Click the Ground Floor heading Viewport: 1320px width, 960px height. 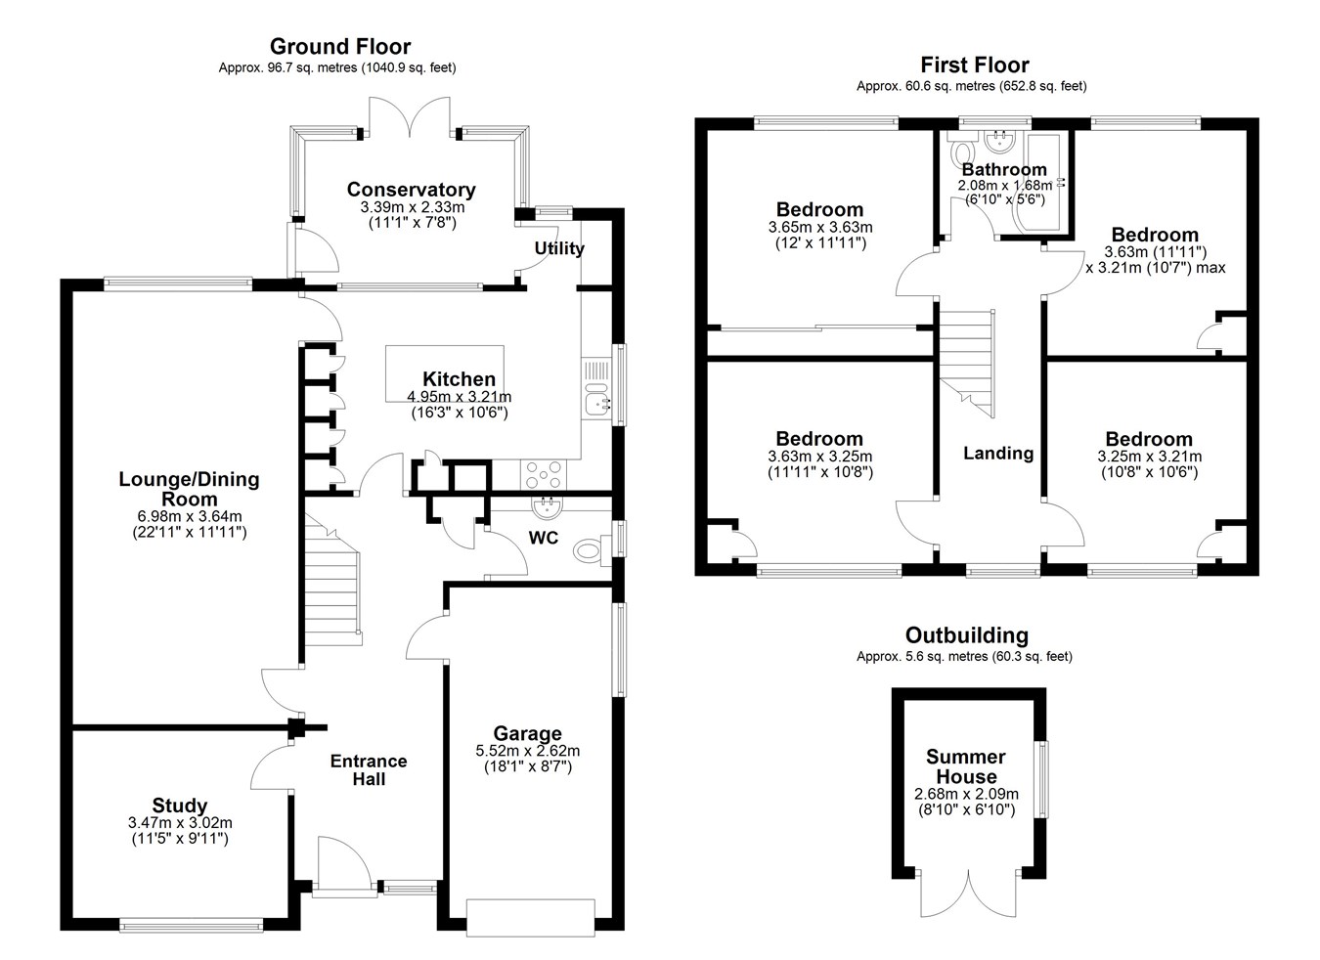(340, 46)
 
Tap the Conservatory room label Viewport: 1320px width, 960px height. (412, 190)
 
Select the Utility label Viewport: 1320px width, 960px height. (559, 248)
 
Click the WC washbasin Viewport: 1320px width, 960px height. (547, 506)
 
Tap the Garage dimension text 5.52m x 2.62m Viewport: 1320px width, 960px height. (527, 751)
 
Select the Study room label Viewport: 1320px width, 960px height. (180, 805)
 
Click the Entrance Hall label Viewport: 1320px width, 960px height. (369, 769)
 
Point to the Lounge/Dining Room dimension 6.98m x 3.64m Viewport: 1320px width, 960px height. (190, 516)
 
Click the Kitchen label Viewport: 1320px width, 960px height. (459, 378)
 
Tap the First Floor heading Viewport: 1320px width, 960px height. (975, 65)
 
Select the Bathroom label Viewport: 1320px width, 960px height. (1004, 169)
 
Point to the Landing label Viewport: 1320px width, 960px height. (998, 453)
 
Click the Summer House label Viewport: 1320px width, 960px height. (966, 766)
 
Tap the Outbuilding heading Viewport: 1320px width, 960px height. (967, 635)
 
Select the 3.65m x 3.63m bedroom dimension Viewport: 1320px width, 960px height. (820, 227)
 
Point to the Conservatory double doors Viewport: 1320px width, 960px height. (410, 118)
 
